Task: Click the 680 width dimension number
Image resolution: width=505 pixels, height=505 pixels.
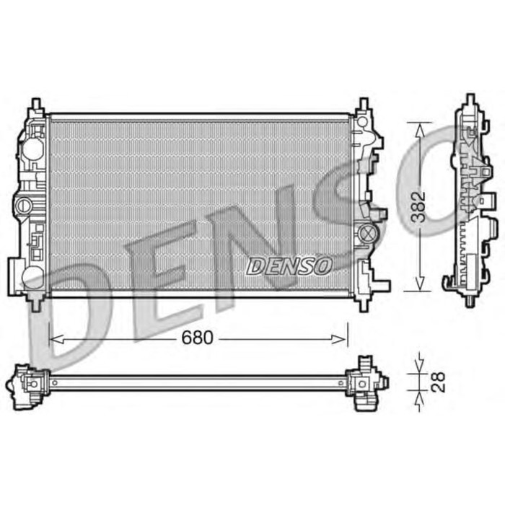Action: (198, 338)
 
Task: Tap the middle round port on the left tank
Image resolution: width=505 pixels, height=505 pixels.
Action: (25, 205)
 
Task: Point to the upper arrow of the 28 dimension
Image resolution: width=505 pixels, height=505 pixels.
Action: (417, 361)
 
